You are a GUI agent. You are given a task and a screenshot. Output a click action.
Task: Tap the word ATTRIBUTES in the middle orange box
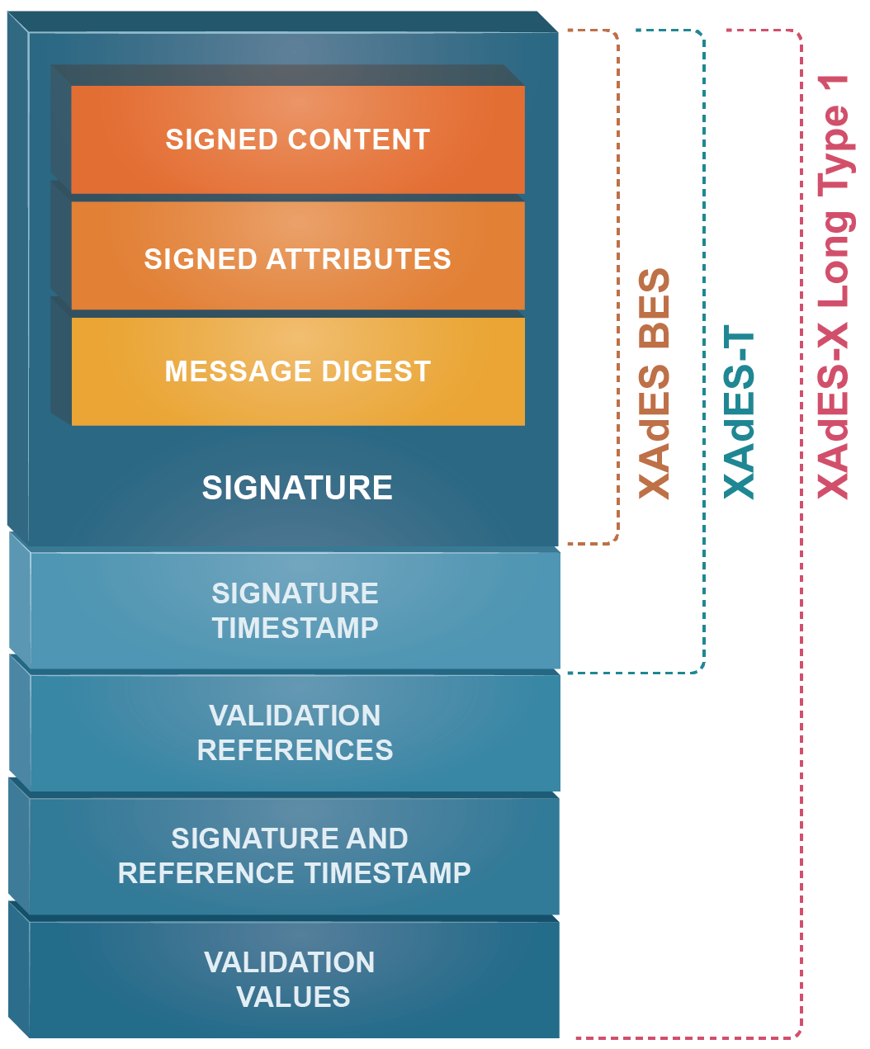pos(358,259)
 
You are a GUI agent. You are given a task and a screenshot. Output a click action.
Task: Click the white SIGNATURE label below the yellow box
pos(297,488)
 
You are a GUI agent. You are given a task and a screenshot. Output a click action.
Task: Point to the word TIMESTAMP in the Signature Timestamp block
pos(296,628)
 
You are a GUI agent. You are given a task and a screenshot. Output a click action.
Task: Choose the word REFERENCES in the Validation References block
pos(296,750)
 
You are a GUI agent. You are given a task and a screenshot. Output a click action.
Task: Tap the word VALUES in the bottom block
pos(293,997)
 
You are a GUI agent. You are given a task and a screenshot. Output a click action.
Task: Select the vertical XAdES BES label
pos(655,384)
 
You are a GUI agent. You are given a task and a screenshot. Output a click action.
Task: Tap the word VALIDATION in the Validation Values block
pos(290,962)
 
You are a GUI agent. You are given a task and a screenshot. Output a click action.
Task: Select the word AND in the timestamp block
pos(377,839)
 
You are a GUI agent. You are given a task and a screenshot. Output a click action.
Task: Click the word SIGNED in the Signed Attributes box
pos(200,259)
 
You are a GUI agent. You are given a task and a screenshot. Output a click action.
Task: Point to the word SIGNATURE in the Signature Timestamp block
pos(296,593)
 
